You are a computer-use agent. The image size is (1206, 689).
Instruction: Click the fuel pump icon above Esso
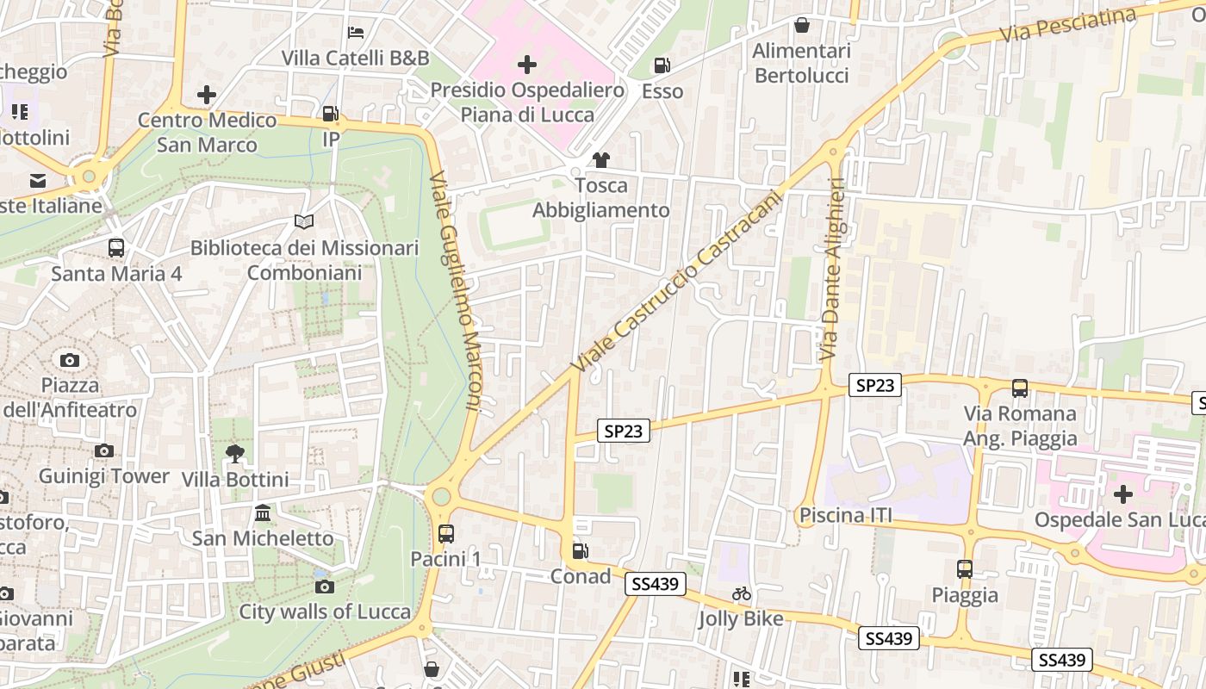(x=662, y=65)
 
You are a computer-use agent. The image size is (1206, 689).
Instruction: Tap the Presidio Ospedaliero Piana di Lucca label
(x=527, y=102)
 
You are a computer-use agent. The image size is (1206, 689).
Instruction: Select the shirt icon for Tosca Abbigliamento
(x=600, y=159)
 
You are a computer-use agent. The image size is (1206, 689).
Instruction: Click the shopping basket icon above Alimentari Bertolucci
(x=802, y=25)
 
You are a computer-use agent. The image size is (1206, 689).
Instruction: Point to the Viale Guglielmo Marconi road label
(x=457, y=289)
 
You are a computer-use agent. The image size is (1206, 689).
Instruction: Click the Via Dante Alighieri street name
(x=832, y=269)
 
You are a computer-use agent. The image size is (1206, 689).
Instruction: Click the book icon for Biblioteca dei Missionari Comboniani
(x=303, y=222)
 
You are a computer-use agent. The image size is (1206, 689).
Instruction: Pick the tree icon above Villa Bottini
(x=234, y=453)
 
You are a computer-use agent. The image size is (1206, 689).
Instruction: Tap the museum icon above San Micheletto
(x=263, y=513)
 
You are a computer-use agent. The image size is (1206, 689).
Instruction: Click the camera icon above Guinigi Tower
(x=104, y=450)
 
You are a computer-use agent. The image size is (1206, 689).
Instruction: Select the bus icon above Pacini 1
(x=445, y=533)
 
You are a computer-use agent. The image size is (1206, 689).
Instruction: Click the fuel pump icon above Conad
(x=581, y=550)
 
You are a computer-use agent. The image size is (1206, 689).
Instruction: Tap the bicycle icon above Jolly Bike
(x=741, y=593)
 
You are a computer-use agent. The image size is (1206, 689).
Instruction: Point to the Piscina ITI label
(x=845, y=516)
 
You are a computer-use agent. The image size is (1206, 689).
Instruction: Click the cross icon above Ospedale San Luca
(x=1122, y=494)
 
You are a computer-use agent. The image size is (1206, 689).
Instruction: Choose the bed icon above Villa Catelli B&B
(x=356, y=33)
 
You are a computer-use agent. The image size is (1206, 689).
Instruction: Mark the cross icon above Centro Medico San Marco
(x=207, y=94)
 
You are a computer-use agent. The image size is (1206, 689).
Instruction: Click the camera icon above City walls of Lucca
(x=325, y=587)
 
